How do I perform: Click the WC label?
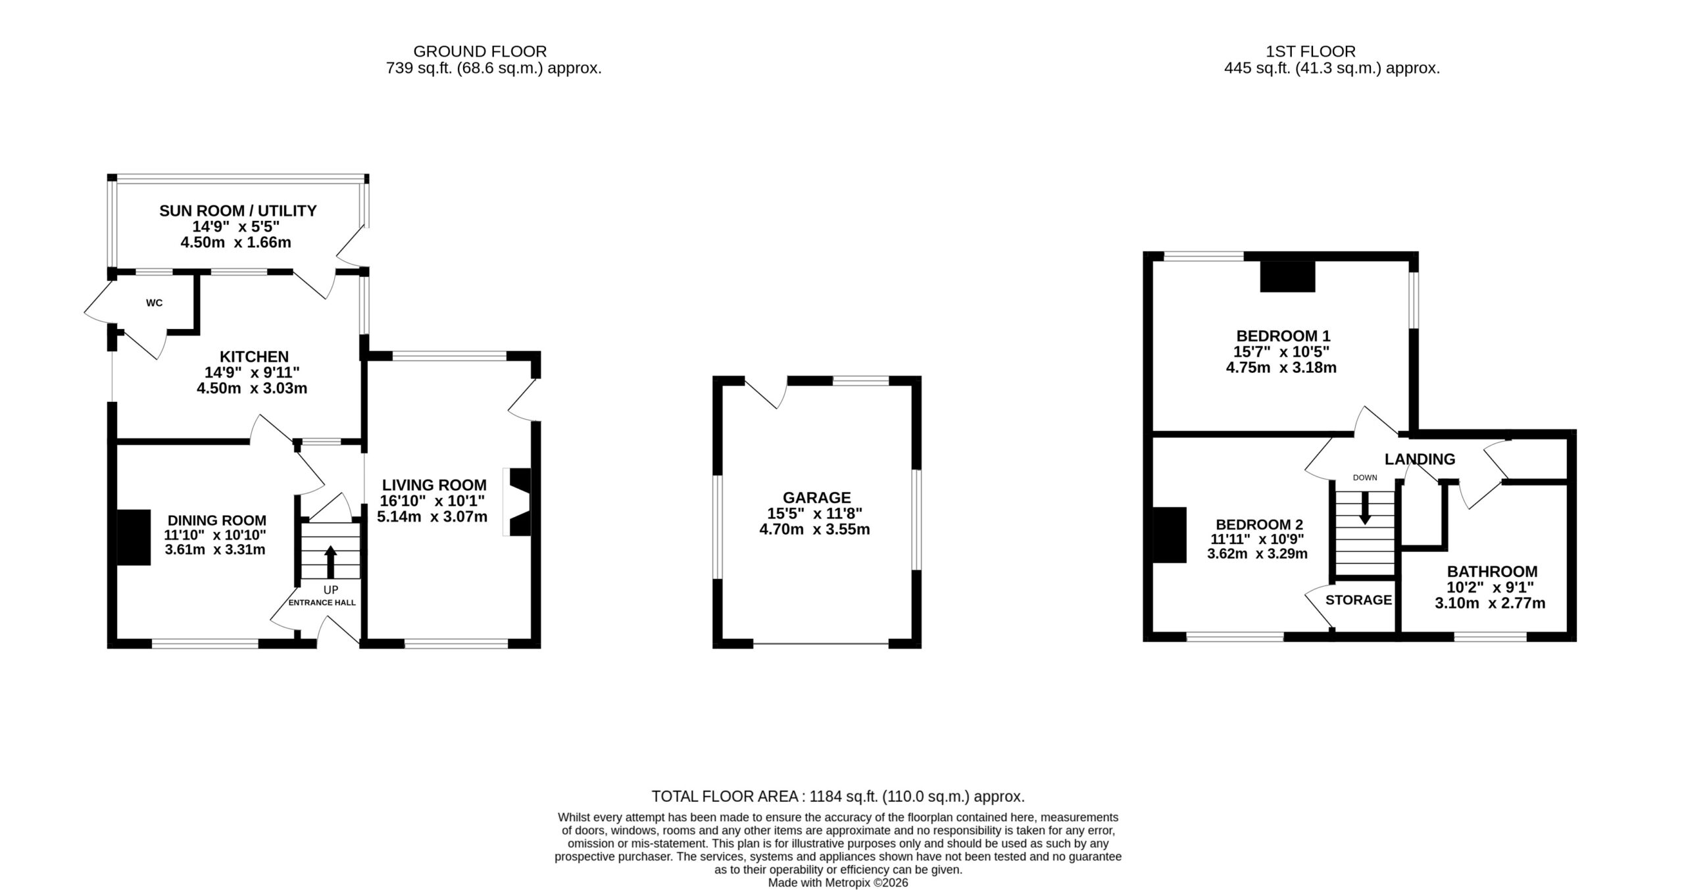pyautogui.click(x=154, y=303)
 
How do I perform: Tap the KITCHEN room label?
pyautogui.click(x=254, y=357)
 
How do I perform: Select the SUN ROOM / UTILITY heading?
pyautogui.click(x=237, y=210)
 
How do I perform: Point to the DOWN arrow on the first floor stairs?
pyautogui.click(x=1365, y=508)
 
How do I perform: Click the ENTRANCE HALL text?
pyautogui.click(x=322, y=603)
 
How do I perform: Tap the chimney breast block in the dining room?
pyautogui.click(x=134, y=537)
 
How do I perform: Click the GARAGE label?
pyautogui.click(x=816, y=497)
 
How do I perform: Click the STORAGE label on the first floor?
pyautogui.click(x=1358, y=600)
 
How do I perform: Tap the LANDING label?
pyautogui.click(x=1420, y=459)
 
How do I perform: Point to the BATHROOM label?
pyautogui.click(x=1492, y=572)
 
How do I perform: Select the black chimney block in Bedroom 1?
pyautogui.click(x=1287, y=276)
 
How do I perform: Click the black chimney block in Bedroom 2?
pyautogui.click(x=1170, y=535)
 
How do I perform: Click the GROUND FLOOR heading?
pyautogui.click(x=480, y=51)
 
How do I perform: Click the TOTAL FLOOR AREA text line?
pyautogui.click(x=838, y=797)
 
